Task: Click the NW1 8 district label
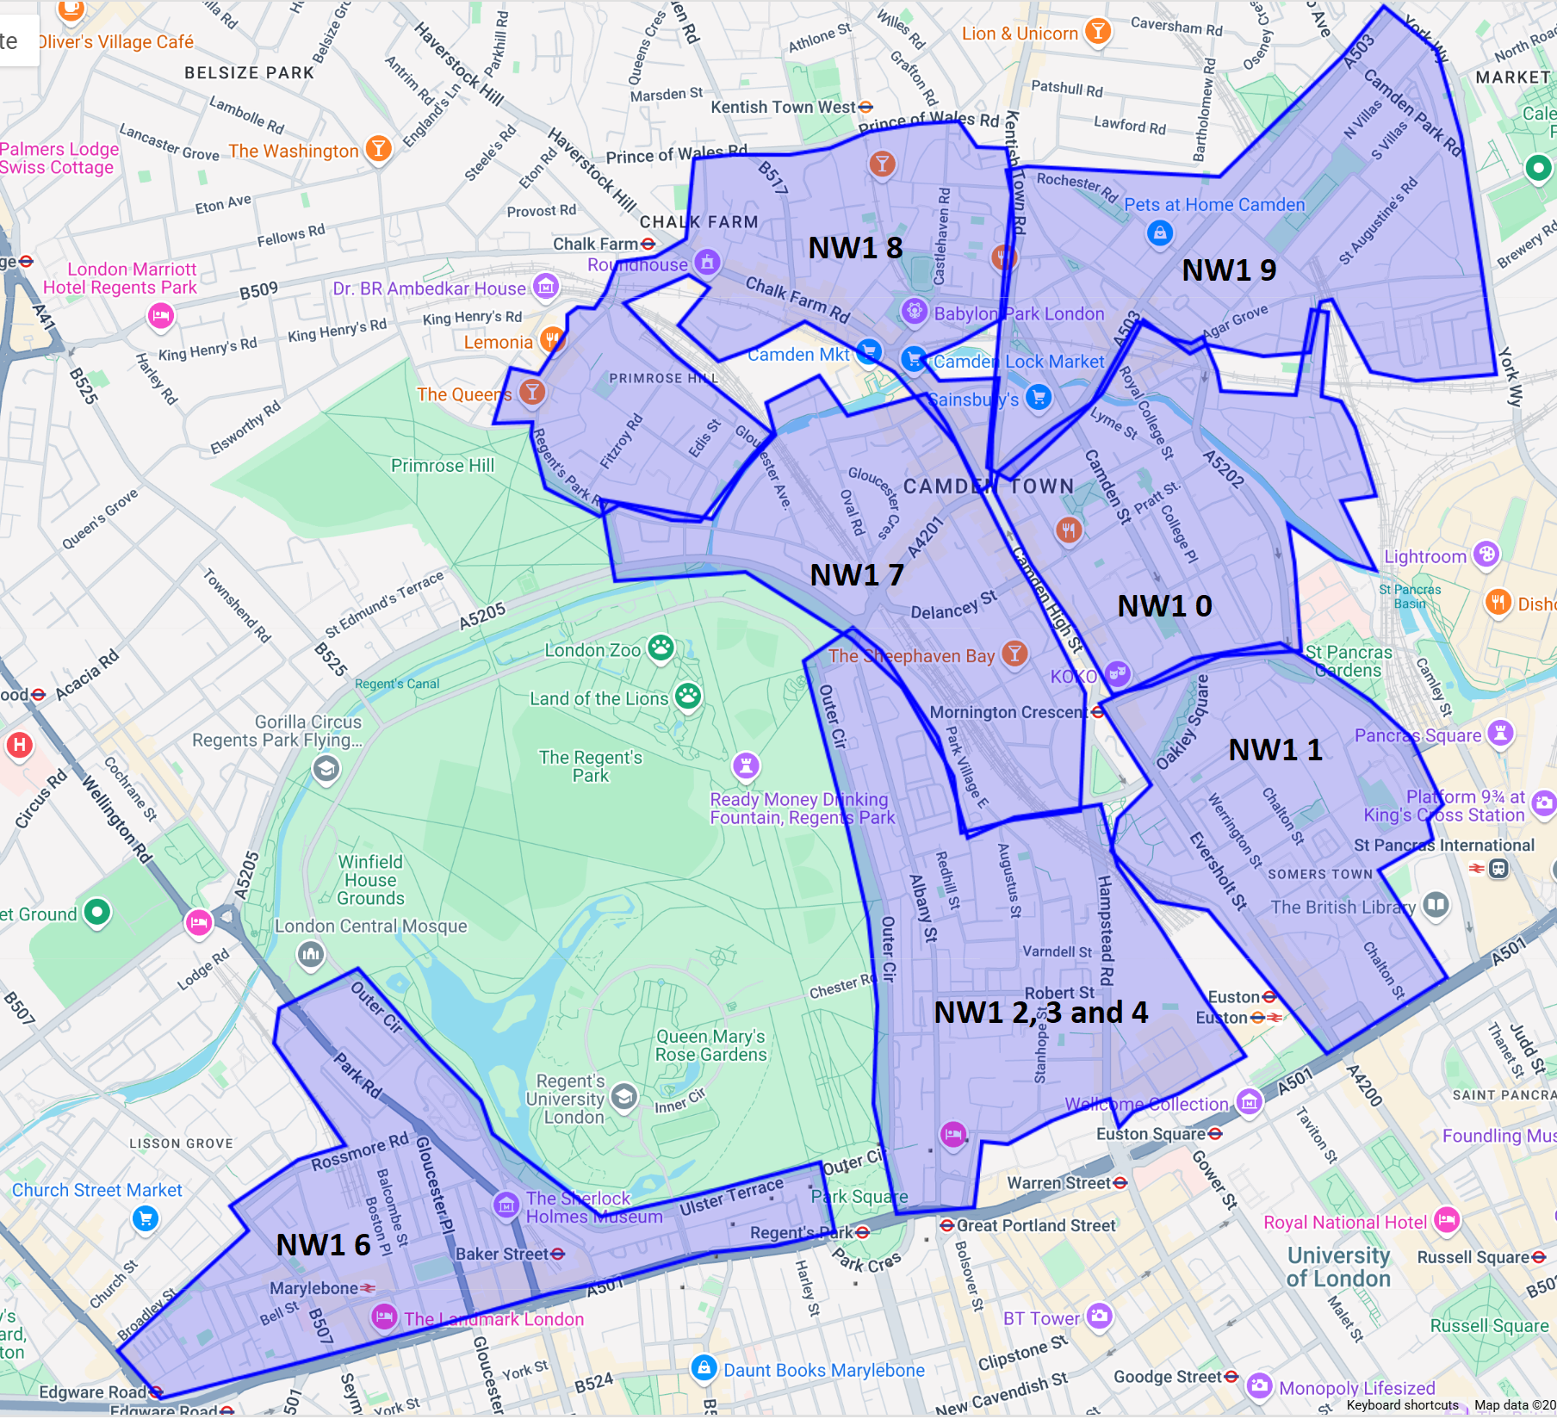coord(855,248)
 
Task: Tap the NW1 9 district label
coord(1229,270)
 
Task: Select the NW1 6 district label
coord(323,1245)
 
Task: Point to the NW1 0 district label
coord(1164,606)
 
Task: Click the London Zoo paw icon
coord(661,648)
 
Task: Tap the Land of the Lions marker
coord(688,696)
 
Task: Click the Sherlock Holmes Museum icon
coord(506,1205)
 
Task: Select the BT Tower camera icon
coord(1099,1316)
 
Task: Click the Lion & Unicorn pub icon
coord(1097,32)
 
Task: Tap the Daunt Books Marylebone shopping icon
coord(704,1367)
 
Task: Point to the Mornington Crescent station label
coord(1008,713)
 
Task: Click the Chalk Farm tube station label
coord(596,245)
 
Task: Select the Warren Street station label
coord(1059,1183)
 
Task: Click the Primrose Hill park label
coord(443,466)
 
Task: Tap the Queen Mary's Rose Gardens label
coord(710,1045)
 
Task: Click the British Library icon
coord(1436,905)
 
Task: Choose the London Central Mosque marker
coord(311,953)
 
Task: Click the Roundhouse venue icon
coord(707,262)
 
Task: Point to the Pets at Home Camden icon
coord(1160,232)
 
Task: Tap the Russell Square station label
coord(1474,1257)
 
